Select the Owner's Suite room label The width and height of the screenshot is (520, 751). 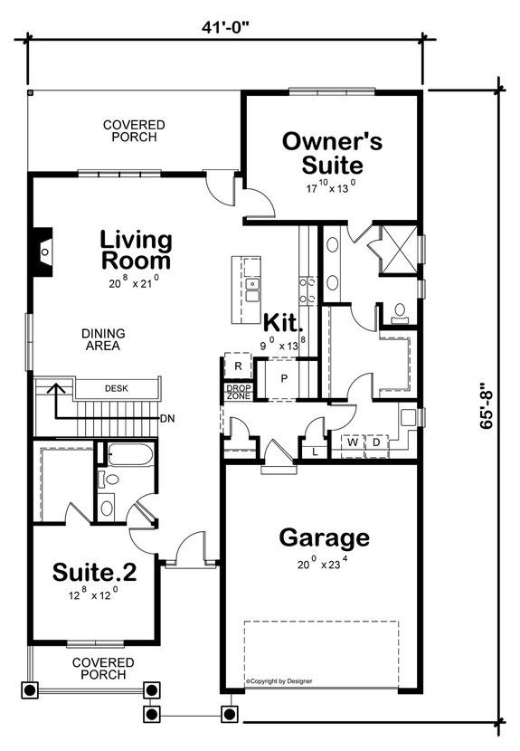(x=332, y=153)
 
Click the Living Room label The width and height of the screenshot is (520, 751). (x=136, y=250)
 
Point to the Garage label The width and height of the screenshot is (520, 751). (x=324, y=537)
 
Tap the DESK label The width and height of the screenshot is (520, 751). (x=116, y=388)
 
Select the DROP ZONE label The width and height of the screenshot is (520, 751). (x=238, y=393)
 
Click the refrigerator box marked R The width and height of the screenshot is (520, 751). (x=237, y=366)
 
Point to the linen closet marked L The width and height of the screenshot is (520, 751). (x=314, y=450)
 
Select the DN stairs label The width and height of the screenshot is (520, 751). (x=167, y=419)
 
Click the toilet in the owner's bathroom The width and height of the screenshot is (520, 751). (x=399, y=314)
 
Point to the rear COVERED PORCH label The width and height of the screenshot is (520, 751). (x=133, y=131)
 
